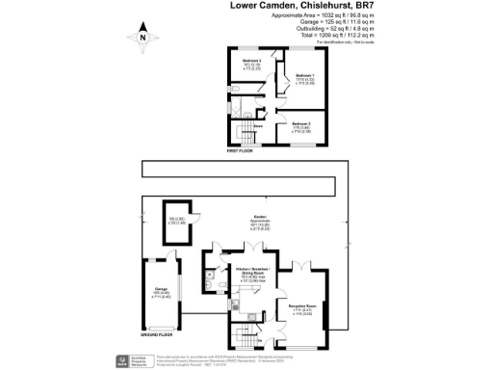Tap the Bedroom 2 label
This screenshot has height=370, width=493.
pos(302,125)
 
